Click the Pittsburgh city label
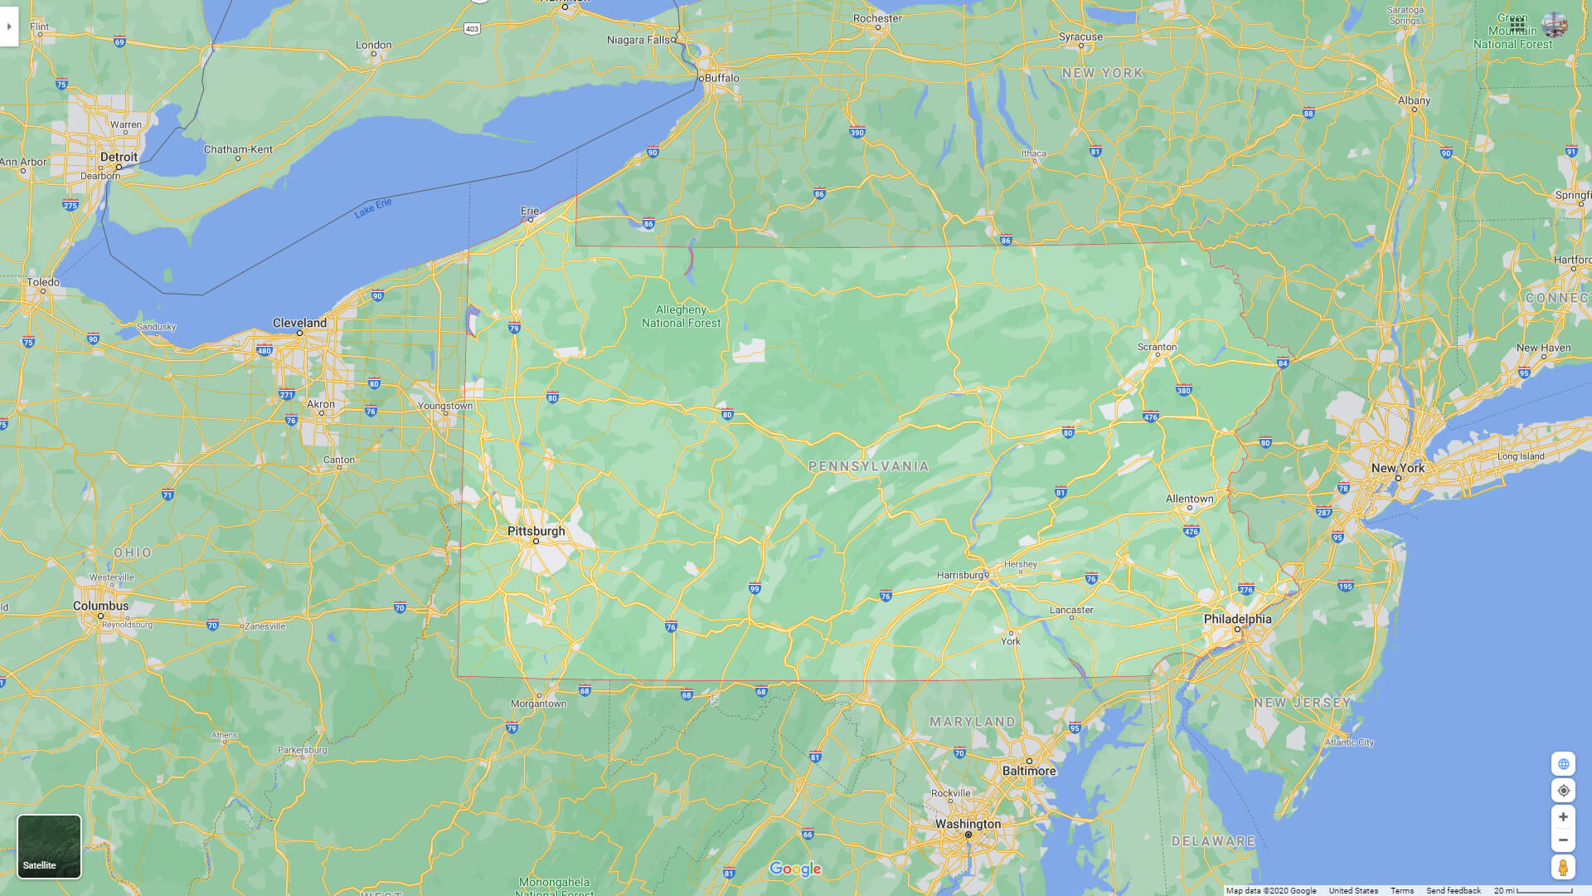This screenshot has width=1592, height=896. (x=536, y=531)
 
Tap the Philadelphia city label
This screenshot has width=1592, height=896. (x=1237, y=619)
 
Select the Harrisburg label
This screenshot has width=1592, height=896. (x=959, y=575)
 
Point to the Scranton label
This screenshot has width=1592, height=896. (x=1157, y=347)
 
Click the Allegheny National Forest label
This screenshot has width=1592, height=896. (x=681, y=316)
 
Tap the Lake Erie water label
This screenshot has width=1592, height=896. (x=373, y=208)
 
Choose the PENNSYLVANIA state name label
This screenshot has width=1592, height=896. (x=868, y=466)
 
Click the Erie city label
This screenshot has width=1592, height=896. (x=529, y=211)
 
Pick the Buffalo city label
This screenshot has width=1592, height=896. (x=721, y=78)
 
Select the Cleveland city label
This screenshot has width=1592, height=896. (x=299, y=323)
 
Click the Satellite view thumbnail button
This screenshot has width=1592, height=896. (x=50, y=846)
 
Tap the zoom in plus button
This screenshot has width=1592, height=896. (x=1563, y=817)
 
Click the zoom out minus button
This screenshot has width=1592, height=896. (x=1563, y=840)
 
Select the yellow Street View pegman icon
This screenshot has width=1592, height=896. (x=1563, y=868)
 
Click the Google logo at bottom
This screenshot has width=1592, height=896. (x=794, y=869)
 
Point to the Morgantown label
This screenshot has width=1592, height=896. (x=538, y=704)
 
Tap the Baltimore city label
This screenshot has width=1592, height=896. (x=1029, y=771)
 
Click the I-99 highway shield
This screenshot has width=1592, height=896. (x=754, y=589)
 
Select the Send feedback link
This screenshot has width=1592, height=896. (x=1453, y=890)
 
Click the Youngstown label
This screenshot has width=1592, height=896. (x=445, y=406)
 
